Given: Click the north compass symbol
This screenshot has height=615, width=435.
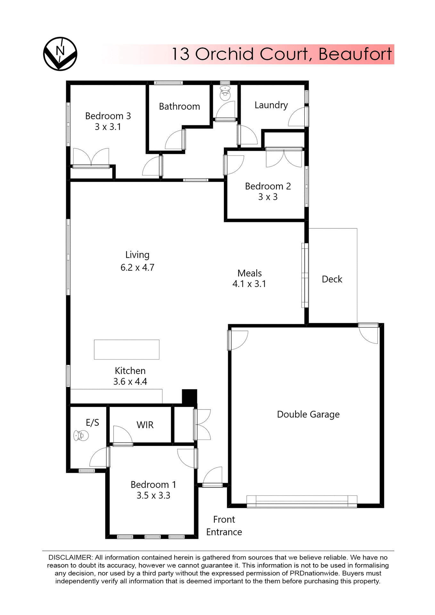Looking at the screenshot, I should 60,54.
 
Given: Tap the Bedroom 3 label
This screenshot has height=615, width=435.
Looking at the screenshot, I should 108,116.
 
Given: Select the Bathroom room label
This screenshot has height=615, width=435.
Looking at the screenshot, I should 179,106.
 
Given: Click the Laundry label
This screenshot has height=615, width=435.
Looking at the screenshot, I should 271,105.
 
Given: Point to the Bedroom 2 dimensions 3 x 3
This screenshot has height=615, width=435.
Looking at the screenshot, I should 268,197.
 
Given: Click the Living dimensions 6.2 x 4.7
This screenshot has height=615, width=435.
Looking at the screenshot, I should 137,267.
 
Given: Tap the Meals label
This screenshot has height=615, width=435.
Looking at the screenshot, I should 250,273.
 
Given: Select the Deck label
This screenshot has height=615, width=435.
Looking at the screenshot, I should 332,279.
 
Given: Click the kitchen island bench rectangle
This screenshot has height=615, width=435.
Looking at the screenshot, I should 127,349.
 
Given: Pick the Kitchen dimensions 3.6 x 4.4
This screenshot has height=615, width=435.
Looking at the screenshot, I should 130,381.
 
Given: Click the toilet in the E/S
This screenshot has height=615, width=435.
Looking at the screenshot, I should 81,436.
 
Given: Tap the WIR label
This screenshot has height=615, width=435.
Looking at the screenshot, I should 145,425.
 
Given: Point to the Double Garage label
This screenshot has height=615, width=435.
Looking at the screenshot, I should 308,414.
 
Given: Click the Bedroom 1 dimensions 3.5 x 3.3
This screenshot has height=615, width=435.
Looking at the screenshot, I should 153,496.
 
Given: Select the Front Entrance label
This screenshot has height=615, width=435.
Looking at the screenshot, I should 224,526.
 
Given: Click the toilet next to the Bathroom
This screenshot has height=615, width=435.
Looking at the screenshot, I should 225,93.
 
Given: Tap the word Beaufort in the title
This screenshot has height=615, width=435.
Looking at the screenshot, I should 355,54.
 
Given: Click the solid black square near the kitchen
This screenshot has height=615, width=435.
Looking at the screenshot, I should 189,397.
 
